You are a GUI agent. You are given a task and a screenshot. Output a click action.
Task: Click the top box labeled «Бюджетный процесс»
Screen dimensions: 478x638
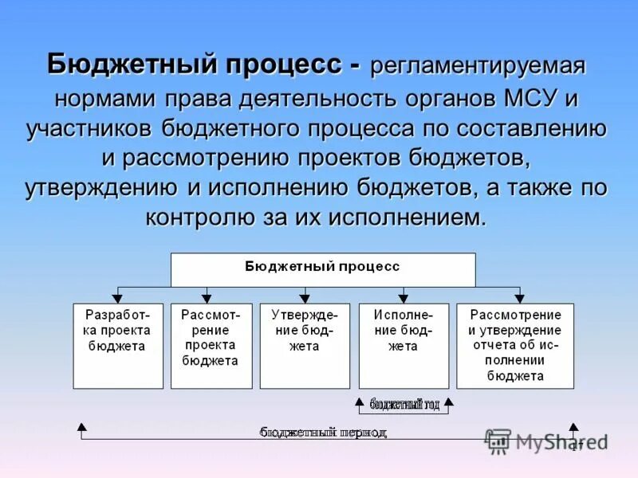(x=323, y=269)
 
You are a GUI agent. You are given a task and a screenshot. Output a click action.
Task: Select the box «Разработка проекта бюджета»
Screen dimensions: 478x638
(x=118, y=345)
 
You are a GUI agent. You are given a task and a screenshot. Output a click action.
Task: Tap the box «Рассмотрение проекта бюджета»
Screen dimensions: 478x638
(x=211, y=345)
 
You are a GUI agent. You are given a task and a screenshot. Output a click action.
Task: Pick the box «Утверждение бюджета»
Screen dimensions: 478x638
(x=304, y=345)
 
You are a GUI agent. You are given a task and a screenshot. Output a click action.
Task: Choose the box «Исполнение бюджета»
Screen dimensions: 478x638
(x=404, y=345)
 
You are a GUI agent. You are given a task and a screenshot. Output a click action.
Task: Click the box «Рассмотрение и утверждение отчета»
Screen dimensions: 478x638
(x=514, y=345)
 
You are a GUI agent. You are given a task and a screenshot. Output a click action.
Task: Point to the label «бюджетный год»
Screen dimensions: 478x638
(x=404, y=405)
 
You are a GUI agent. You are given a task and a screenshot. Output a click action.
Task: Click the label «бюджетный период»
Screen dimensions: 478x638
(x=323, y=433)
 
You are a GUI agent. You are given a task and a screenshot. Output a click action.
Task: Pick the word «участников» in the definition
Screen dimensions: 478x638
(x=89, y=129)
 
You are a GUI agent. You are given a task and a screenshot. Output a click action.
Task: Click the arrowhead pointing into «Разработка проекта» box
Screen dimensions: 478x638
(x=118, y=298)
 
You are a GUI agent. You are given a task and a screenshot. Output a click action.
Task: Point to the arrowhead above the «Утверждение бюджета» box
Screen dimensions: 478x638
(x=304, y=298)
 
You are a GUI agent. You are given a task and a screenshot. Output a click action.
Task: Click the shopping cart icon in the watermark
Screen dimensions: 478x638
(x=498, y=441)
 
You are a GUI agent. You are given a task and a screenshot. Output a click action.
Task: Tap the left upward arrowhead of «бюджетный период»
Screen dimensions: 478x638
(x=81, y=427)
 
